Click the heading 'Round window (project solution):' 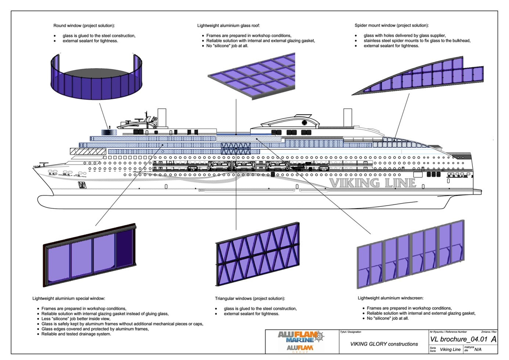(84, 26)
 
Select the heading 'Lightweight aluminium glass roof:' (228, 26)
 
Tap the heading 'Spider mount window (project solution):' (391, 26)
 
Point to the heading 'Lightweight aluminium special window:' (69, 299)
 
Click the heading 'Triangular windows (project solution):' (250, 299)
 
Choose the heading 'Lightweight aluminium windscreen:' (390, 298)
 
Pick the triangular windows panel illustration (257, 253)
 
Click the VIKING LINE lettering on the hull (372, 183)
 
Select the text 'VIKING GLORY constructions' (384, 344)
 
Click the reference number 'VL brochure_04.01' (459, 339)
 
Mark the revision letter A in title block (493, 339)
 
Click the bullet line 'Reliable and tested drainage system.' (76, 334)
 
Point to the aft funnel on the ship (347, 118)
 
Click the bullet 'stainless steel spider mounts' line (417, 41)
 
